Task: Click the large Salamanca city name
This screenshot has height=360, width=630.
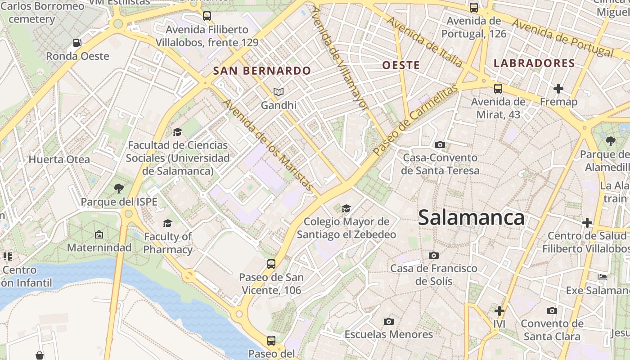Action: [471, 218]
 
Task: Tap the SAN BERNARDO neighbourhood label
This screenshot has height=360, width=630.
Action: [262, 71]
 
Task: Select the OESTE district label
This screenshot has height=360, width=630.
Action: [401, 65]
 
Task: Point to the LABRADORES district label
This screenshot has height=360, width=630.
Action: [534, 63]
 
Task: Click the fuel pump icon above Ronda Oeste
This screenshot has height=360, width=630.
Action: [77, 43]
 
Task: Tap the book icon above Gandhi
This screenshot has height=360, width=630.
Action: [279, 92]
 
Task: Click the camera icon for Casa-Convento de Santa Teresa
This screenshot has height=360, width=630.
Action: [440, 144]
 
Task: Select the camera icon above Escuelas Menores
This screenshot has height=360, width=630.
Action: [389, 321]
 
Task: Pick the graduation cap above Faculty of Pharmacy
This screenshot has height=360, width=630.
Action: [168, 223]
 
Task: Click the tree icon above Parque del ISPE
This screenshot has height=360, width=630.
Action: [119, 188]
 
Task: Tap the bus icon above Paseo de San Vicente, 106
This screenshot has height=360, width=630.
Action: [271, 264]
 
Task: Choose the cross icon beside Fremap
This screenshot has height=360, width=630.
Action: [558, 89]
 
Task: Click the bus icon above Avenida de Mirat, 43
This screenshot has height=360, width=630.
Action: [498, 89]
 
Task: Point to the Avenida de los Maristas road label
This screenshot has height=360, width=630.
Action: [268, 145]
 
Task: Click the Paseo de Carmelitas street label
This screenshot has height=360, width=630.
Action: [415, 119]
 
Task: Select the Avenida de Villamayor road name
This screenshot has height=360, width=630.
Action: [339, 58]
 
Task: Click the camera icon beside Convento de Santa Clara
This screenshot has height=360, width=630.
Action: [552, 310]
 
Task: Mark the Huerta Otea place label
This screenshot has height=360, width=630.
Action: [59, 159]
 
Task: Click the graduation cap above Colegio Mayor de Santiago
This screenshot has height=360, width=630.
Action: [346, 208]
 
